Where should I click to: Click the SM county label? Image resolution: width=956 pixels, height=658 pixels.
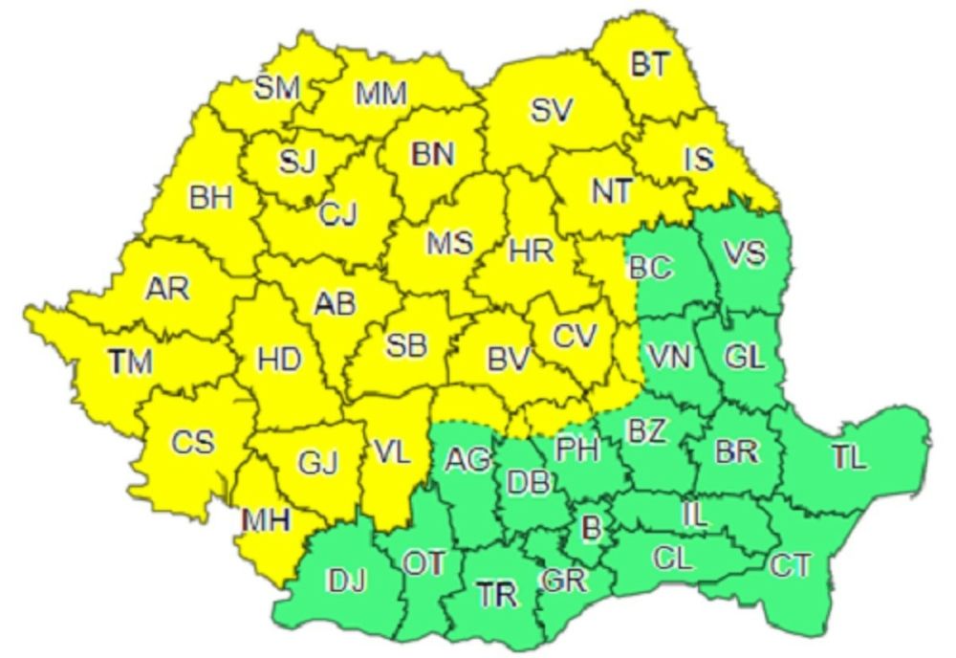[277, 88]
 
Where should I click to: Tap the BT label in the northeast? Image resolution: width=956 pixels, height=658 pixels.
[650, 65]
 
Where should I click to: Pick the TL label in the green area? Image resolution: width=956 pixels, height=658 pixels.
[848, 458]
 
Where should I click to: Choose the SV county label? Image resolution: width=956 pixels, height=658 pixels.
[552, 111]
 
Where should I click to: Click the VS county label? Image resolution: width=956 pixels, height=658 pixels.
[744, 255]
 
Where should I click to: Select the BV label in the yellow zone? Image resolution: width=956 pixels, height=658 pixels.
[510, 360]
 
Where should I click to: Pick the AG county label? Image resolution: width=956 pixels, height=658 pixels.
[468, 459]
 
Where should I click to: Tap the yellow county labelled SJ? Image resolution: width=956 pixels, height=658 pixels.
[297, 162]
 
